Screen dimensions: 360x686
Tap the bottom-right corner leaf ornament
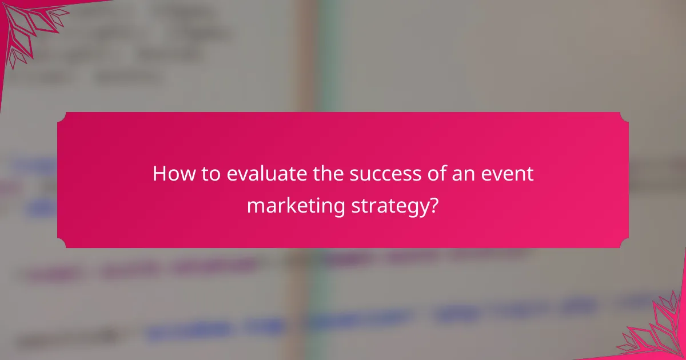[x=657, y=331]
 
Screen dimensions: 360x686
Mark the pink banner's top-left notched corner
[x=62, y=117]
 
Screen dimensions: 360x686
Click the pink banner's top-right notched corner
[x=624, y=117]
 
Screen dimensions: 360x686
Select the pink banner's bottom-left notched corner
[x=62, y=243]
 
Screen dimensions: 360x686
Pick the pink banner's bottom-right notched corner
[x=624, y=243]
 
